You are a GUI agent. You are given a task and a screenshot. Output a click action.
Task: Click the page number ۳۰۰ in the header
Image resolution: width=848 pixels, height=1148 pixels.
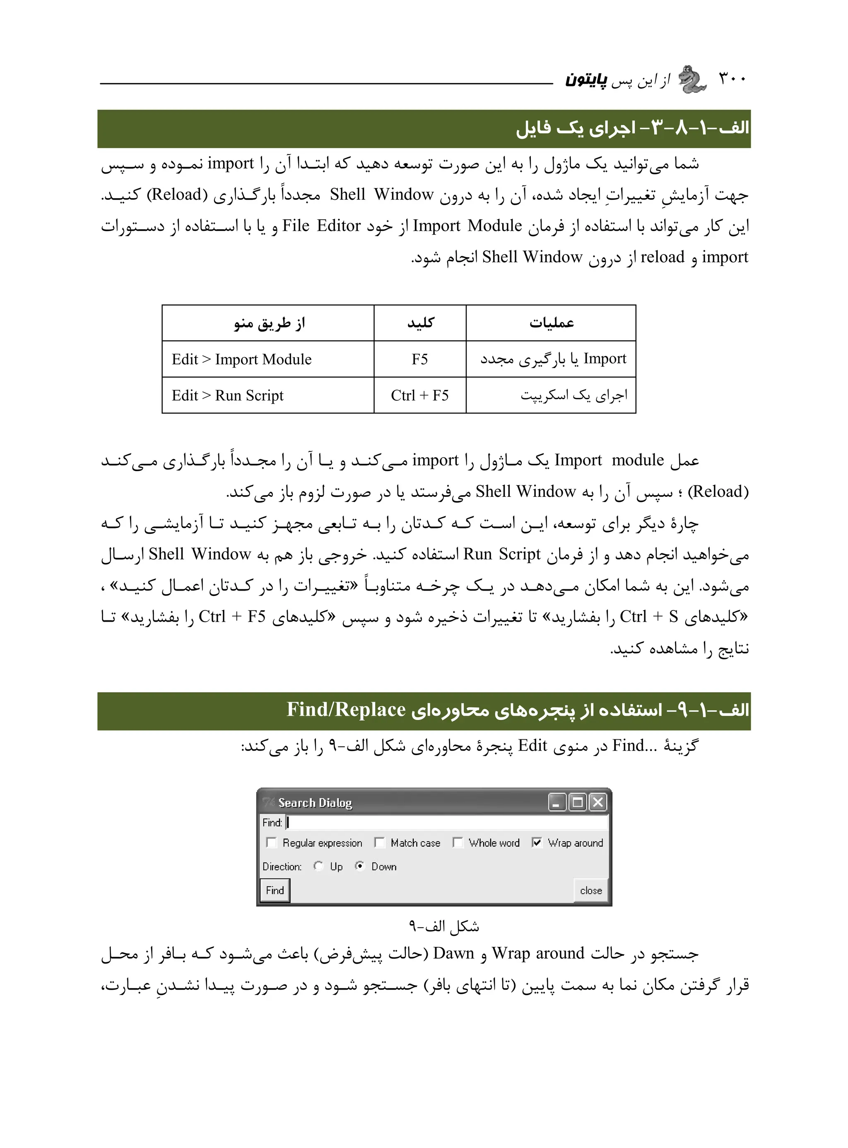point(732,79)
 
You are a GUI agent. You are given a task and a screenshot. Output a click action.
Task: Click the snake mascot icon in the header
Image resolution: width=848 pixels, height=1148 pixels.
point(692,80)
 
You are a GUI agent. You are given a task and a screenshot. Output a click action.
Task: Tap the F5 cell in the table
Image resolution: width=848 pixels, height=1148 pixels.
point(419,359)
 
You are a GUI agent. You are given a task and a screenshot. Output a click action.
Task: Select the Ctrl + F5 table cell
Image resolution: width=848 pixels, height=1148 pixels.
point(419,395)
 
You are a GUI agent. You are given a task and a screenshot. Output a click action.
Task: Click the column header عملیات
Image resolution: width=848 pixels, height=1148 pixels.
point(551,322)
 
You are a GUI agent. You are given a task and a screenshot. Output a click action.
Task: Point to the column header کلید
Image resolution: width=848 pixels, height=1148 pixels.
point(420,322)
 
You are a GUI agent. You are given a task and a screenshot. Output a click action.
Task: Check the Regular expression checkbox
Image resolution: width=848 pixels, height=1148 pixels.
point(271,843)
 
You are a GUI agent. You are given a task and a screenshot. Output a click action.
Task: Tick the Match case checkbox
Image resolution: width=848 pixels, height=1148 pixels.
point(379,843)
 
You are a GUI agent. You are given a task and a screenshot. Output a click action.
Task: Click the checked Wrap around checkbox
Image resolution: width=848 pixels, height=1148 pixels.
point(536,843)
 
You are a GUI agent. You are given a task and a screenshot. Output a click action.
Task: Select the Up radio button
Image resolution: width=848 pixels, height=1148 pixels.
point(318,866)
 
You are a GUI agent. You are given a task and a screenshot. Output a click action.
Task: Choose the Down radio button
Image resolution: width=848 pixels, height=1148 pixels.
point(360,866)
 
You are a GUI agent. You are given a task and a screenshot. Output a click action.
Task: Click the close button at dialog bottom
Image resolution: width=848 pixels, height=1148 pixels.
point(591,891)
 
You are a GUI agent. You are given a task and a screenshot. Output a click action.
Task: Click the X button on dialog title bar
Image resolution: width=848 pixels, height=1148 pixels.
point(597,802)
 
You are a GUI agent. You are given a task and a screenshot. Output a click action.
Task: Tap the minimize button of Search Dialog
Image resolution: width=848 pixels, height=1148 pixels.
point(557,802)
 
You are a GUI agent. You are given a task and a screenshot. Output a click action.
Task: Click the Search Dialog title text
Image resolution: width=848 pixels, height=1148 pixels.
point(315,803)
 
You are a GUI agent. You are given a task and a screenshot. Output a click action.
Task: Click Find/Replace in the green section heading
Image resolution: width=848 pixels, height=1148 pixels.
point(346,710)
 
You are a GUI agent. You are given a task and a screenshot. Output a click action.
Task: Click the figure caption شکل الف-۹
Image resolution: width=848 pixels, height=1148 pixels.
point(444,926)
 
